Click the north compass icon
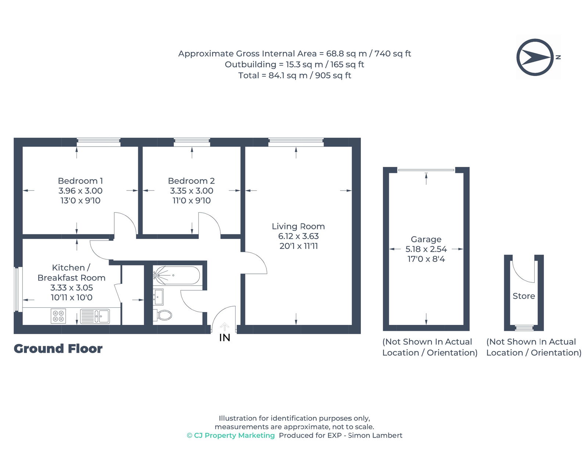(535, 57)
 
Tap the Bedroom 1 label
(80, 181)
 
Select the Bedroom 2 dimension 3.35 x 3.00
(191, 191)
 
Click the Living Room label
(298, 227)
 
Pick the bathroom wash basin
(159, 297)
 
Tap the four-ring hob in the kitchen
(58, 316)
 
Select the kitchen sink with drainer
(95, 316)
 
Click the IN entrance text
(225, 337)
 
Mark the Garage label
(426, 239)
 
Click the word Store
(524, 296)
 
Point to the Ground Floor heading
(58, 348)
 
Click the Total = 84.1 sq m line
(294, 76)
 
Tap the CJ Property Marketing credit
(231, 435)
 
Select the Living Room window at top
(296, 142)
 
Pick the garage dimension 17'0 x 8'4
(426, 259)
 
